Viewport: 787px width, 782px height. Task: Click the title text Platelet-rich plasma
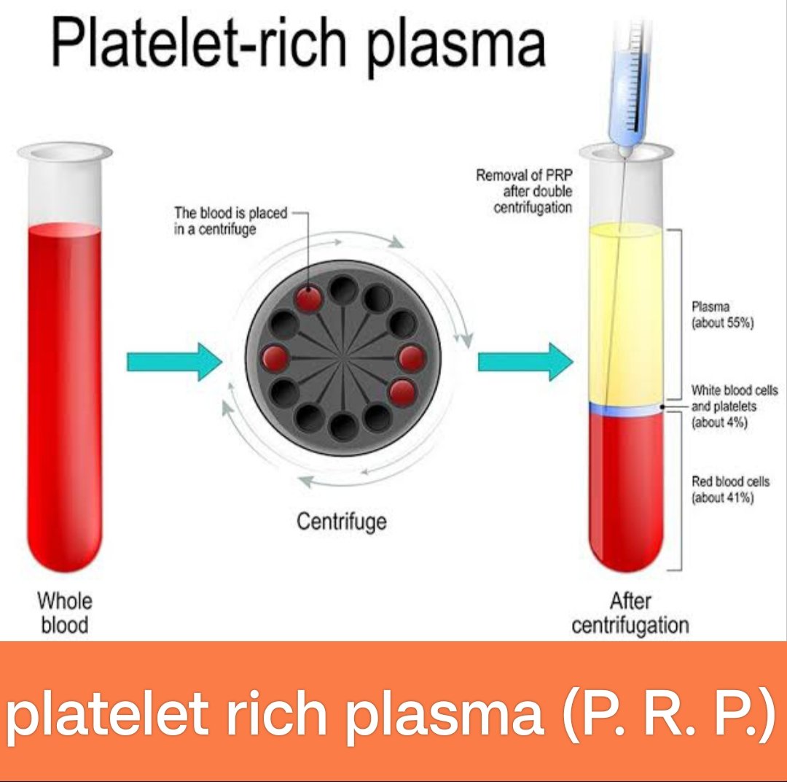pos(298,44)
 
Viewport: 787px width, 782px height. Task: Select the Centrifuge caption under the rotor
pos(342,522)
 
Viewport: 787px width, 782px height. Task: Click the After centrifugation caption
pos(630,613)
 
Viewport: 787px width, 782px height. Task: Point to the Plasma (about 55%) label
pos(723,314)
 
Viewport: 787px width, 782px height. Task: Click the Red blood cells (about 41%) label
pos(730,489)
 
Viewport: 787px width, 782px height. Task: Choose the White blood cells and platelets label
pos(735,406)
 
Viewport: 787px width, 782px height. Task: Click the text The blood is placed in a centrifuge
pos(230,221)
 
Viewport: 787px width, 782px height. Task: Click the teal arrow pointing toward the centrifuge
pos(174,361)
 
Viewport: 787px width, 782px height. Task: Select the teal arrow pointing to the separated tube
pos(525,361)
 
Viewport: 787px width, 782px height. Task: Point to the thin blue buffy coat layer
pos(626,409)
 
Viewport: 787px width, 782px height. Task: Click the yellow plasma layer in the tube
pos(626,314)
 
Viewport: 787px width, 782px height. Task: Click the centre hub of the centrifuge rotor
pos(343,358)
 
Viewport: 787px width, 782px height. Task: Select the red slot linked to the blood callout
pos(308,299)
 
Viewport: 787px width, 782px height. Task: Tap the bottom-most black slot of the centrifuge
pos(344,427)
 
